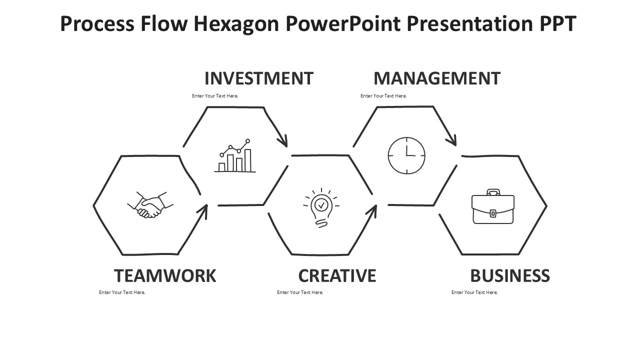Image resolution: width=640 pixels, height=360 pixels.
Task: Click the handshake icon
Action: [x=150, y=205]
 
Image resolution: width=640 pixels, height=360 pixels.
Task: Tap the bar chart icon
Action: [x=235, y=155]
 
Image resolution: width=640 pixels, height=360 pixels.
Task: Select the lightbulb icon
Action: [x=321, y=207]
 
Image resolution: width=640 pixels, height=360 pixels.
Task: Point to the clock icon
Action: [x=406, y=155]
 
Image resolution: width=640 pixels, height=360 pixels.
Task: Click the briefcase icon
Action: [x=493, y=206]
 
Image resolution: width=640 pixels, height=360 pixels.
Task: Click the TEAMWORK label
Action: [x=165, y=275]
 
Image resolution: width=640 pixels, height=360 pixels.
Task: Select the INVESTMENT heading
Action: [x=259, y=78]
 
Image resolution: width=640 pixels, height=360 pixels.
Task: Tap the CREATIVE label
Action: [x=337, y=275]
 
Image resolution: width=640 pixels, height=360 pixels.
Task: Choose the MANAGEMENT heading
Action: [x=437, y=78]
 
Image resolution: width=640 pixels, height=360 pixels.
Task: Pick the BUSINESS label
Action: [x=510, y=275]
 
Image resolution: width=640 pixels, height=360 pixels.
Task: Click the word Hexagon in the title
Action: [x=236, y=24]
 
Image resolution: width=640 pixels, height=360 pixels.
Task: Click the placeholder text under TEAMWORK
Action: [x=122, y=292]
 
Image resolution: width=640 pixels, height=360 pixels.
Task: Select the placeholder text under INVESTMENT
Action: [x=215, y=95]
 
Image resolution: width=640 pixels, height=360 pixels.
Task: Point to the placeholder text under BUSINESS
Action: [x=474, y=292]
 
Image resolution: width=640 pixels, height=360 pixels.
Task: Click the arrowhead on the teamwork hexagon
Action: [x=203, y=210]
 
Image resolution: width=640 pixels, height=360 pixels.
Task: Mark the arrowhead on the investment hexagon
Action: [x=283, y=140]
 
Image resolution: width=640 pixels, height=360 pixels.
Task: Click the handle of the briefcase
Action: [x=493, y=191]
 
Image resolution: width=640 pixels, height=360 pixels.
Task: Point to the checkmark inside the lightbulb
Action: [x=321, y=205]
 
